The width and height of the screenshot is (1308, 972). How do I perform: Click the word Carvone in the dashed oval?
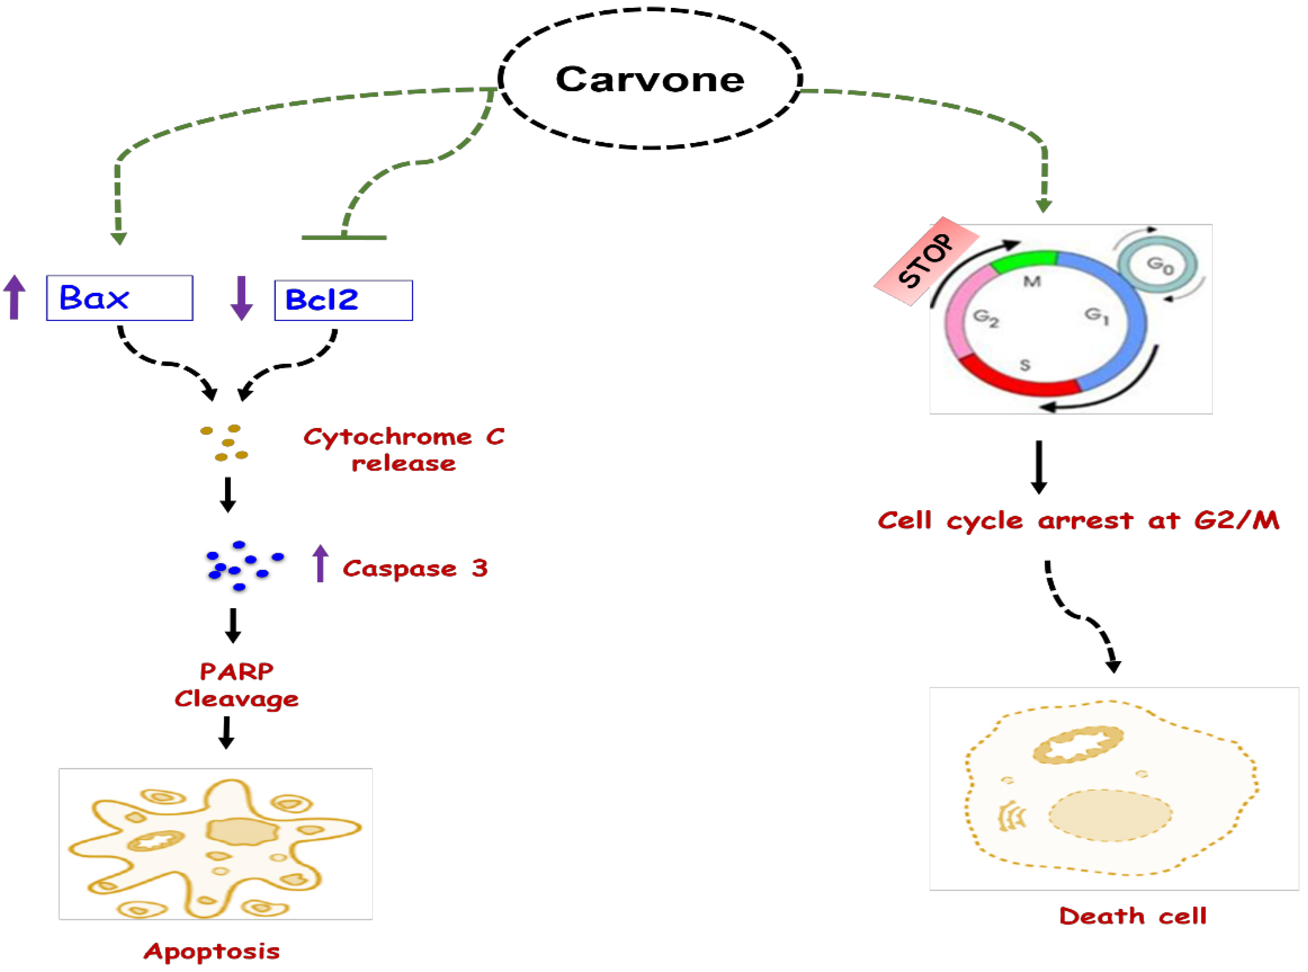649,79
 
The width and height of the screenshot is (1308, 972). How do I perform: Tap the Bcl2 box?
344,300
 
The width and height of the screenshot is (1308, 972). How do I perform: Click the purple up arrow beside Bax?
15,297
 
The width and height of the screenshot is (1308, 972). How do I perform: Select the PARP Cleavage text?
237,685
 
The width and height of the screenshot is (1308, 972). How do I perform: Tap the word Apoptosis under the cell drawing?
212,951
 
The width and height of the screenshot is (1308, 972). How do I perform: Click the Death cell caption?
1132,916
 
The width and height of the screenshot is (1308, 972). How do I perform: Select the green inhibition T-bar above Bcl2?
344,238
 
